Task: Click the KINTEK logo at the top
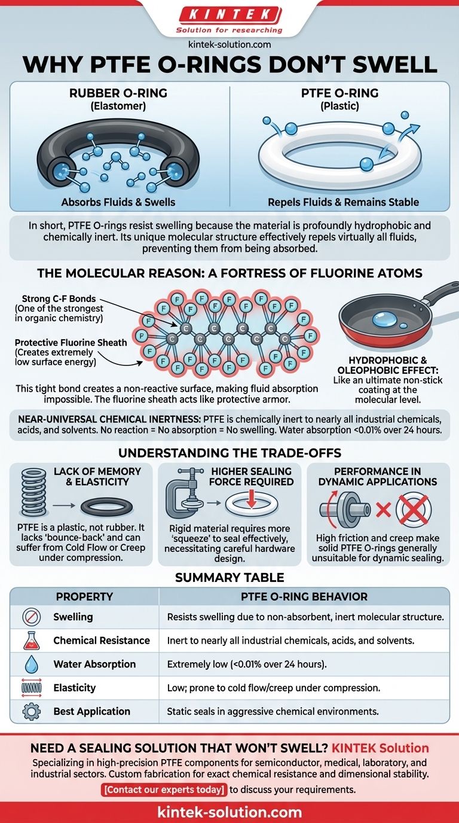tap(229, 14)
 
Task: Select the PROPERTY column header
tap(84, 596)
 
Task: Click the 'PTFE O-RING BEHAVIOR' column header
tap(304, 596)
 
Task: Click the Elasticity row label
tap(75, 688)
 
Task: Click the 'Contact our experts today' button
tap(164, 789)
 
